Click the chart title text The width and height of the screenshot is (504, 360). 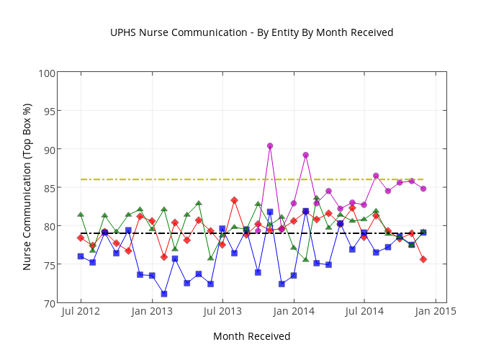point(251,32)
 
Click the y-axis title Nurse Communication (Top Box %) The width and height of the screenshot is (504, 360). point(27,186)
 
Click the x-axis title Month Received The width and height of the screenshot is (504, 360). point(251,336)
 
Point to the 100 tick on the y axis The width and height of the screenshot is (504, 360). point(47,73)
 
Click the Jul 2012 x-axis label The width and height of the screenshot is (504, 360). point(81,312)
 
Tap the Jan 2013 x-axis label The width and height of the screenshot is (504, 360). point(152,312)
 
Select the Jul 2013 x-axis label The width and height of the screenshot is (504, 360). point(222,312)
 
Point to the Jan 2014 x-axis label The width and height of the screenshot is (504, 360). point(294,312)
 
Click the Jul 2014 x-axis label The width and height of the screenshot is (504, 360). point(364,312)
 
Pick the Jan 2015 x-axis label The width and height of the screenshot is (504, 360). point(436,312)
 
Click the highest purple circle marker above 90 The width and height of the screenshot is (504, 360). point(270,146)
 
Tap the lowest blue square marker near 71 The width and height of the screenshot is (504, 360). point(164,294)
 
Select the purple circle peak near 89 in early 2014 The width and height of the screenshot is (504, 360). point(305,155)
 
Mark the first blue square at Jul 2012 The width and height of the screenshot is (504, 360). point(81,256)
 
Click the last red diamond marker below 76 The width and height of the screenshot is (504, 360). point(423,259)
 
